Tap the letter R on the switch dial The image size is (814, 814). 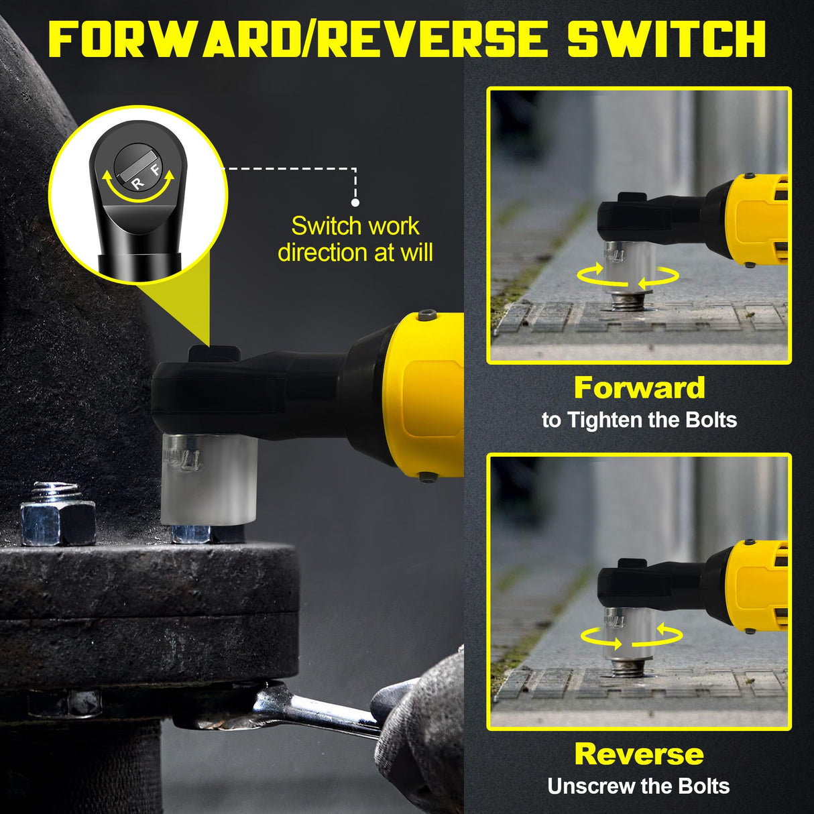[137, 183]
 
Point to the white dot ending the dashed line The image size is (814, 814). [355, 202]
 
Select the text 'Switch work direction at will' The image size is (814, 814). [355, 239]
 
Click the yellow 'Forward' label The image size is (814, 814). [639, 388]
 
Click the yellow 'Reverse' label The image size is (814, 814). [639, 754]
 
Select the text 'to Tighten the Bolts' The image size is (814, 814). [639, 420]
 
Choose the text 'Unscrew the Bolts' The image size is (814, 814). [638, 786]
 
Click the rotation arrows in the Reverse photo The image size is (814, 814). [631, 636]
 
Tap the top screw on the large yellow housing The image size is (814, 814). [427, 315]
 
